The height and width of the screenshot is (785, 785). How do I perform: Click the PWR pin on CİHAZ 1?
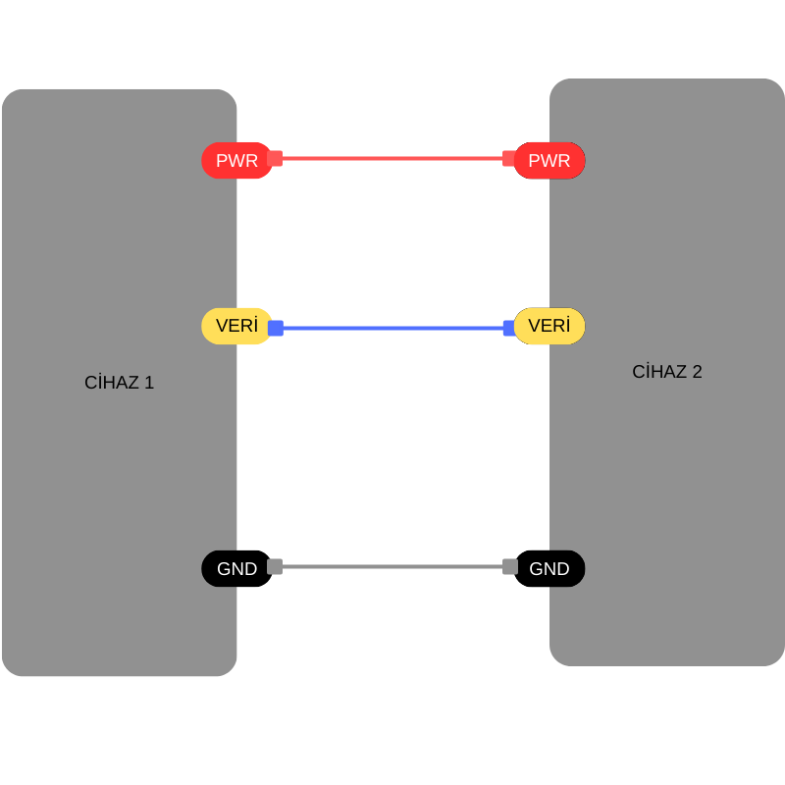pos(236,161)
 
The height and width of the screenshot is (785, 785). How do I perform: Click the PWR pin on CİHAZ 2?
pos(549,161)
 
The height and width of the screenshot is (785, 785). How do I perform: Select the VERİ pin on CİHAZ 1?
pos(236,326)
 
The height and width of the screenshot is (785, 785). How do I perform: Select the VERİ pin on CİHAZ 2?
pos(549,326)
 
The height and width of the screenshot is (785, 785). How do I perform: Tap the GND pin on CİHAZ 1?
pos(236,569)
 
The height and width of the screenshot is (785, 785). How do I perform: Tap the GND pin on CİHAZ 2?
pos(549,569)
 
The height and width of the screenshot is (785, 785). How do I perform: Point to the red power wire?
pos(392,158)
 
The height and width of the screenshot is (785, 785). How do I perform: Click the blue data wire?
pos(392,328)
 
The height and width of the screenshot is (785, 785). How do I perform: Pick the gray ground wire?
pos(392,566)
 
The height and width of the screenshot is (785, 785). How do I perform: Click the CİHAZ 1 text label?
pos(119,383)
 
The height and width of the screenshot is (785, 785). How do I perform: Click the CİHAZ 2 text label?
pos(667,372)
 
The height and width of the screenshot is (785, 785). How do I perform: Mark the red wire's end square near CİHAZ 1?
pos(275,158)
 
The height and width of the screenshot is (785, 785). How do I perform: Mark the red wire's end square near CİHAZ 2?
pos(509,158)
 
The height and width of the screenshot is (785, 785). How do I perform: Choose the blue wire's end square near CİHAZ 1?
pos(276,328)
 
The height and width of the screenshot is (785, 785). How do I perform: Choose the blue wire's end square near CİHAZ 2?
pos(509,328)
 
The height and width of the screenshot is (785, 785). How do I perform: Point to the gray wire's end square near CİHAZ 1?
pos(275,566)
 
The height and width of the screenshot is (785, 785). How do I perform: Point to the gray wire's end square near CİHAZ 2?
pos(510,566)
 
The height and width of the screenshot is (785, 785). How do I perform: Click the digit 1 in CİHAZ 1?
pos(149,383)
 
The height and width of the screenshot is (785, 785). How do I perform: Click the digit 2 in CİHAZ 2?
pos(697,372)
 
